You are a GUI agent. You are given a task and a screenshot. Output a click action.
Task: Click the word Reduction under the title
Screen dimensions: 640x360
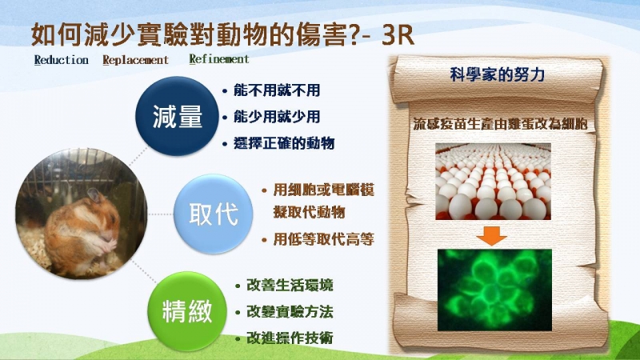[62, 60]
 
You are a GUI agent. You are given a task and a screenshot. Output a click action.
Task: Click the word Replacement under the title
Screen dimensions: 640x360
[135, 61]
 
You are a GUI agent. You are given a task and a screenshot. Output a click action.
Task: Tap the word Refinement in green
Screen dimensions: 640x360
[219, 59]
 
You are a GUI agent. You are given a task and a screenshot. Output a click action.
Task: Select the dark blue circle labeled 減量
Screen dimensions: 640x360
[177, 116]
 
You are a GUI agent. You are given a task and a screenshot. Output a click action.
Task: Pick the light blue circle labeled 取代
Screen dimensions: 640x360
[213, 214]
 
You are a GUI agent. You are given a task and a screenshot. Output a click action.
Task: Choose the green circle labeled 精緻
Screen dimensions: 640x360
[187, 311]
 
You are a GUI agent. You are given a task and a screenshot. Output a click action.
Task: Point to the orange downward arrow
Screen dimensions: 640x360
[492, 236]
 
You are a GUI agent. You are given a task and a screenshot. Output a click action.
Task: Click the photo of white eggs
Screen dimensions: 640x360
[493, 182]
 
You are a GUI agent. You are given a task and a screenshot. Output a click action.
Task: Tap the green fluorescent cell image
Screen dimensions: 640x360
[494, 290]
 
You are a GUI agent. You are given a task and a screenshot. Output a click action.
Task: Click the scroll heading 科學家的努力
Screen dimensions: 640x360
[497, 74]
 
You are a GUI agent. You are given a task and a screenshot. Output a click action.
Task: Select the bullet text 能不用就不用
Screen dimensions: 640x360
[277, 90]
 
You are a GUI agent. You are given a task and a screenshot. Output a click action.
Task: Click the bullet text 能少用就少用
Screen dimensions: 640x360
[277, 117]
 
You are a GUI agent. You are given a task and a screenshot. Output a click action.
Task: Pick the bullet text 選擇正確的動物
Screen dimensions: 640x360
[284, 143]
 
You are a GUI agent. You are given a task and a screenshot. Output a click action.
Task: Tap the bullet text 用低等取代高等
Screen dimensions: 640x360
[324, 239]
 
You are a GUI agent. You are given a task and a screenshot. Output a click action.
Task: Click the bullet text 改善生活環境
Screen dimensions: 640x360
[290, 286]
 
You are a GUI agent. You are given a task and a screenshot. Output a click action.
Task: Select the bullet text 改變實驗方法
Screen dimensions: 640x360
[290, 312]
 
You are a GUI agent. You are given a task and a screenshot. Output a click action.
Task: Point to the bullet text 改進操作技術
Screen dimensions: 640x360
[290, 338]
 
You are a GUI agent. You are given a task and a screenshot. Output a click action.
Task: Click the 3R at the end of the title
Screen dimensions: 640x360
[398, 35]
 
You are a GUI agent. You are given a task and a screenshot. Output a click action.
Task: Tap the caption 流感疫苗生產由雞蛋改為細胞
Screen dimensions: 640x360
[501, 124]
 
